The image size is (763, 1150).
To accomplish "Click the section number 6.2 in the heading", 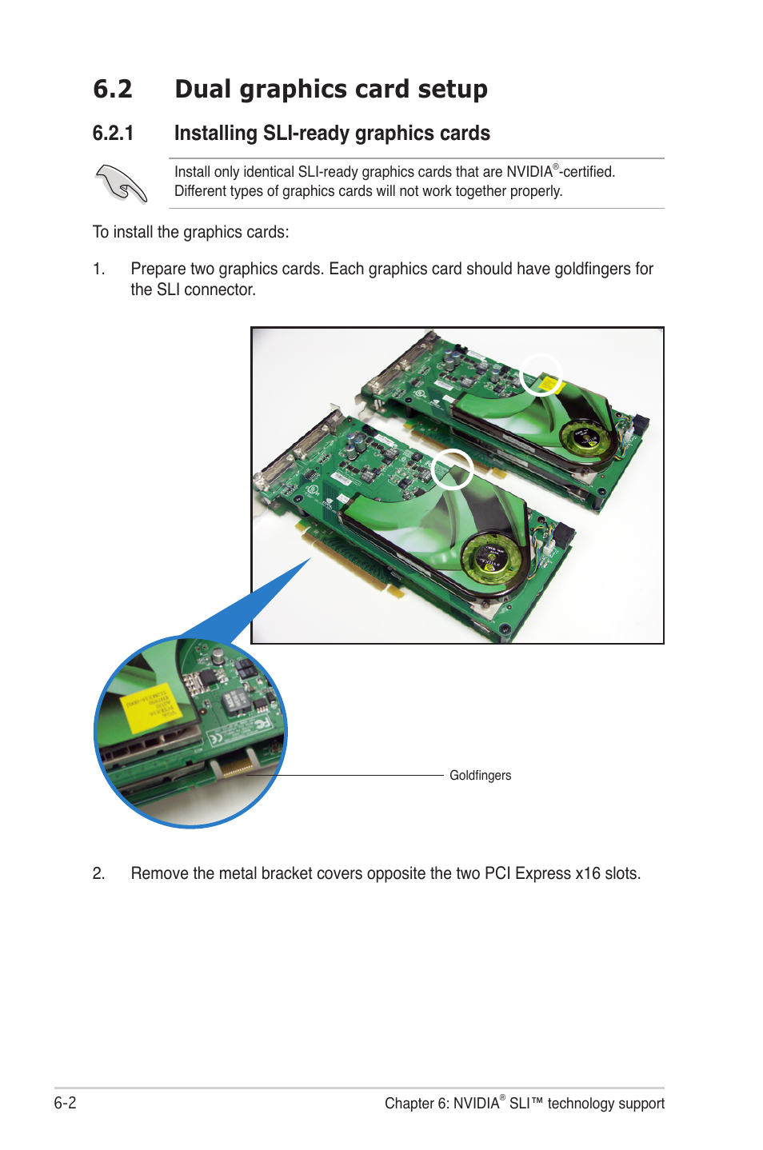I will [112, 89].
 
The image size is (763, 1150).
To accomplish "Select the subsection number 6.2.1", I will [113, 134].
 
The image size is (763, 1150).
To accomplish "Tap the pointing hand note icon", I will [121, 183].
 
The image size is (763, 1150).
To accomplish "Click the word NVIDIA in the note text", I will [529, 172].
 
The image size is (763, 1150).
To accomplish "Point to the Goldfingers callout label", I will [480, 775].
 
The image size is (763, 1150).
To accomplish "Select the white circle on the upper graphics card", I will [541, 374].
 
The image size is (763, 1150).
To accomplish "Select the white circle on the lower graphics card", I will [452, 469].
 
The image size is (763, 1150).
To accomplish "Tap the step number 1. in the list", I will [98, 270].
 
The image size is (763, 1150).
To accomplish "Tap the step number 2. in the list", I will [98, 873].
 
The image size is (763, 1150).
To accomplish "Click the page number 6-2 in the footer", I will [65, 1103].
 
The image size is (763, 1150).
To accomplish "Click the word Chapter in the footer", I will [409, 1104].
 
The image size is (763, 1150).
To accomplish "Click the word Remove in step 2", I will [158, 873].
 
